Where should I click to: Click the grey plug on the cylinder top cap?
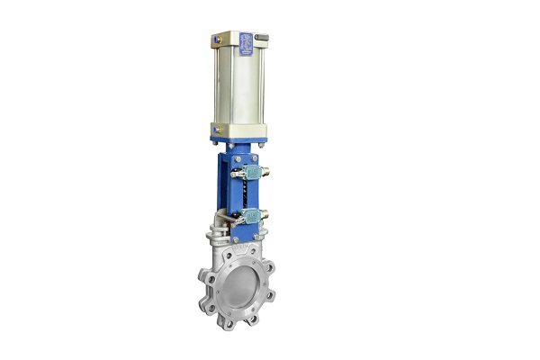click(x=262, y=35)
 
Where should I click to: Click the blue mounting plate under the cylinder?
click(x=238, y=140)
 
